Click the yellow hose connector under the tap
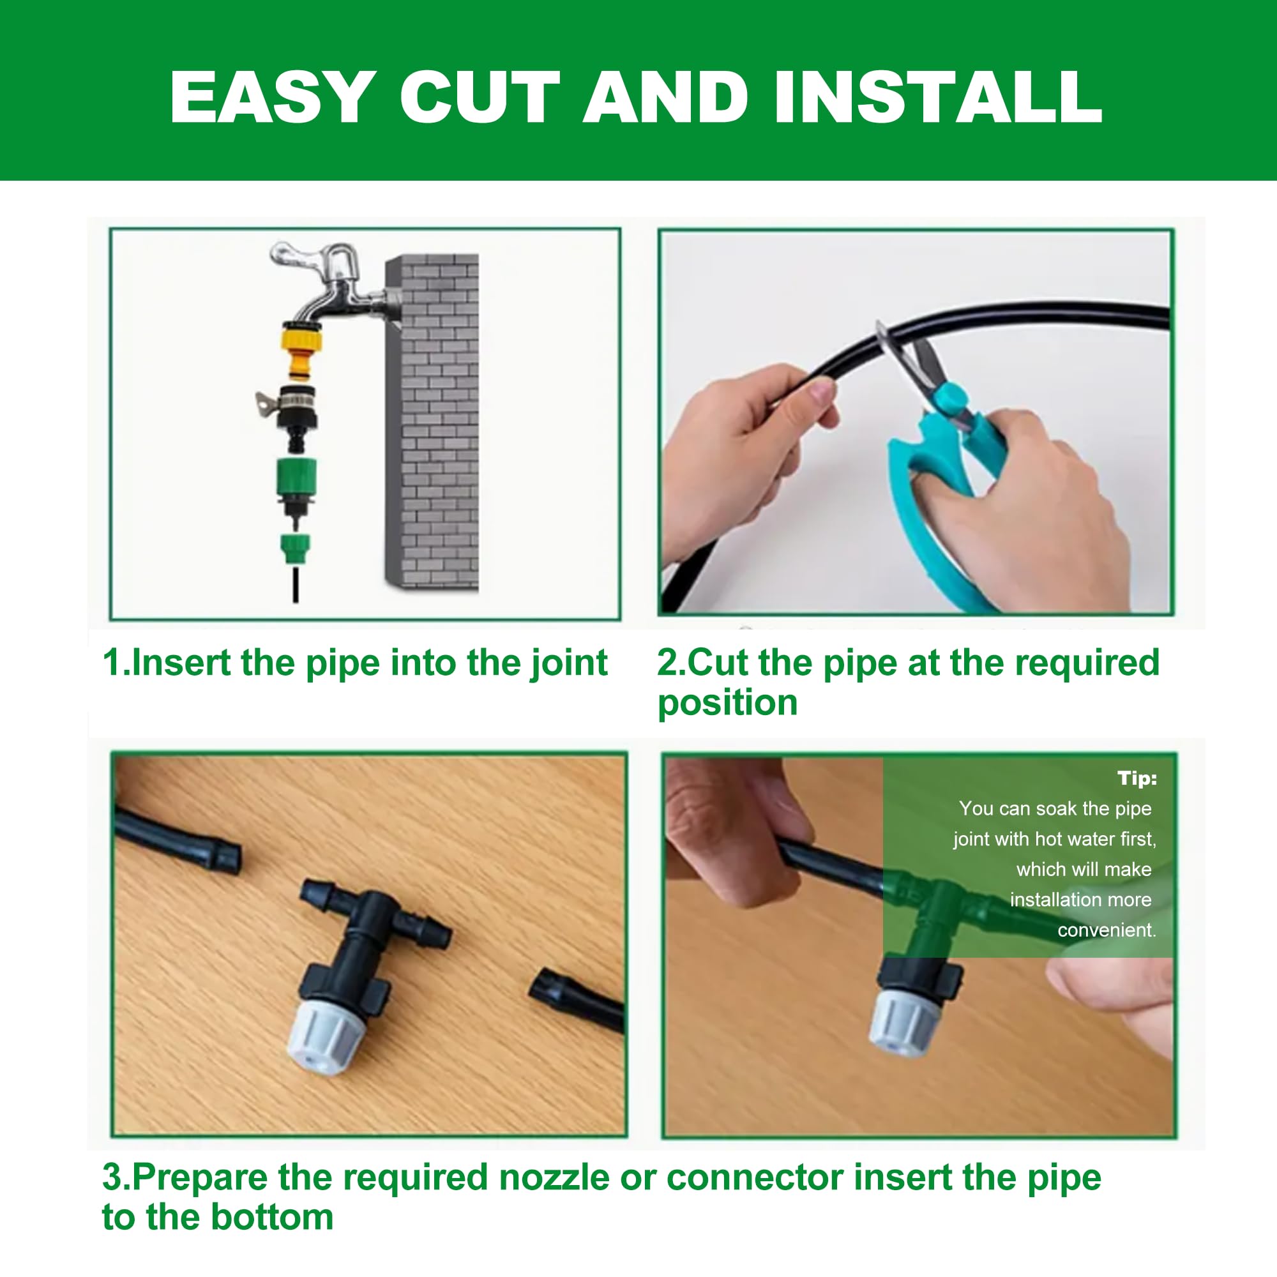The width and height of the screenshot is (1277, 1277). click(301, 351)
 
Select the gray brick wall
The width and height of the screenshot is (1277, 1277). click(432, 421)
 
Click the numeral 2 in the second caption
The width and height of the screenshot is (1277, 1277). click(668, 662)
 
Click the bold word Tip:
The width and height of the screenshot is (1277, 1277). click(1138, 778)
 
